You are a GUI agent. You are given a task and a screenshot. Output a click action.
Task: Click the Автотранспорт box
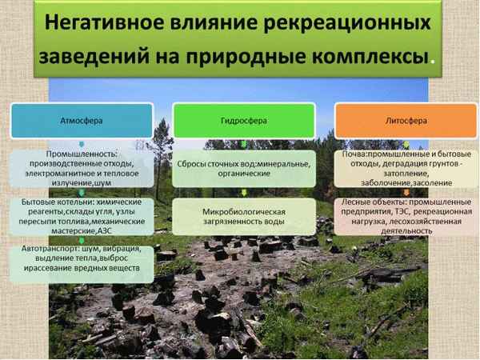[x=83, y=262]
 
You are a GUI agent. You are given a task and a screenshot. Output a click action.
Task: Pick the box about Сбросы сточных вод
[x=240, y=168]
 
